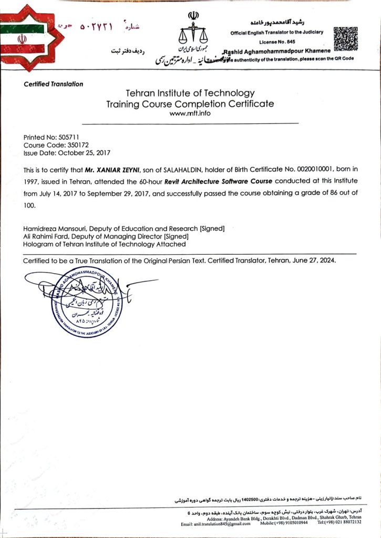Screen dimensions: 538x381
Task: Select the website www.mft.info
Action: click(x=190, y=112)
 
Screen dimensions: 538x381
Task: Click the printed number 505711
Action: click(x=61, y=136)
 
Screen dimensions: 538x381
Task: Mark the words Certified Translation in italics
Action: click(x=53, y=84)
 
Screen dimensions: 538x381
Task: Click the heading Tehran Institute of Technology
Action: click(x=190, y=93)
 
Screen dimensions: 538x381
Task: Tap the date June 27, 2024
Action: click(x=314, y=261)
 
